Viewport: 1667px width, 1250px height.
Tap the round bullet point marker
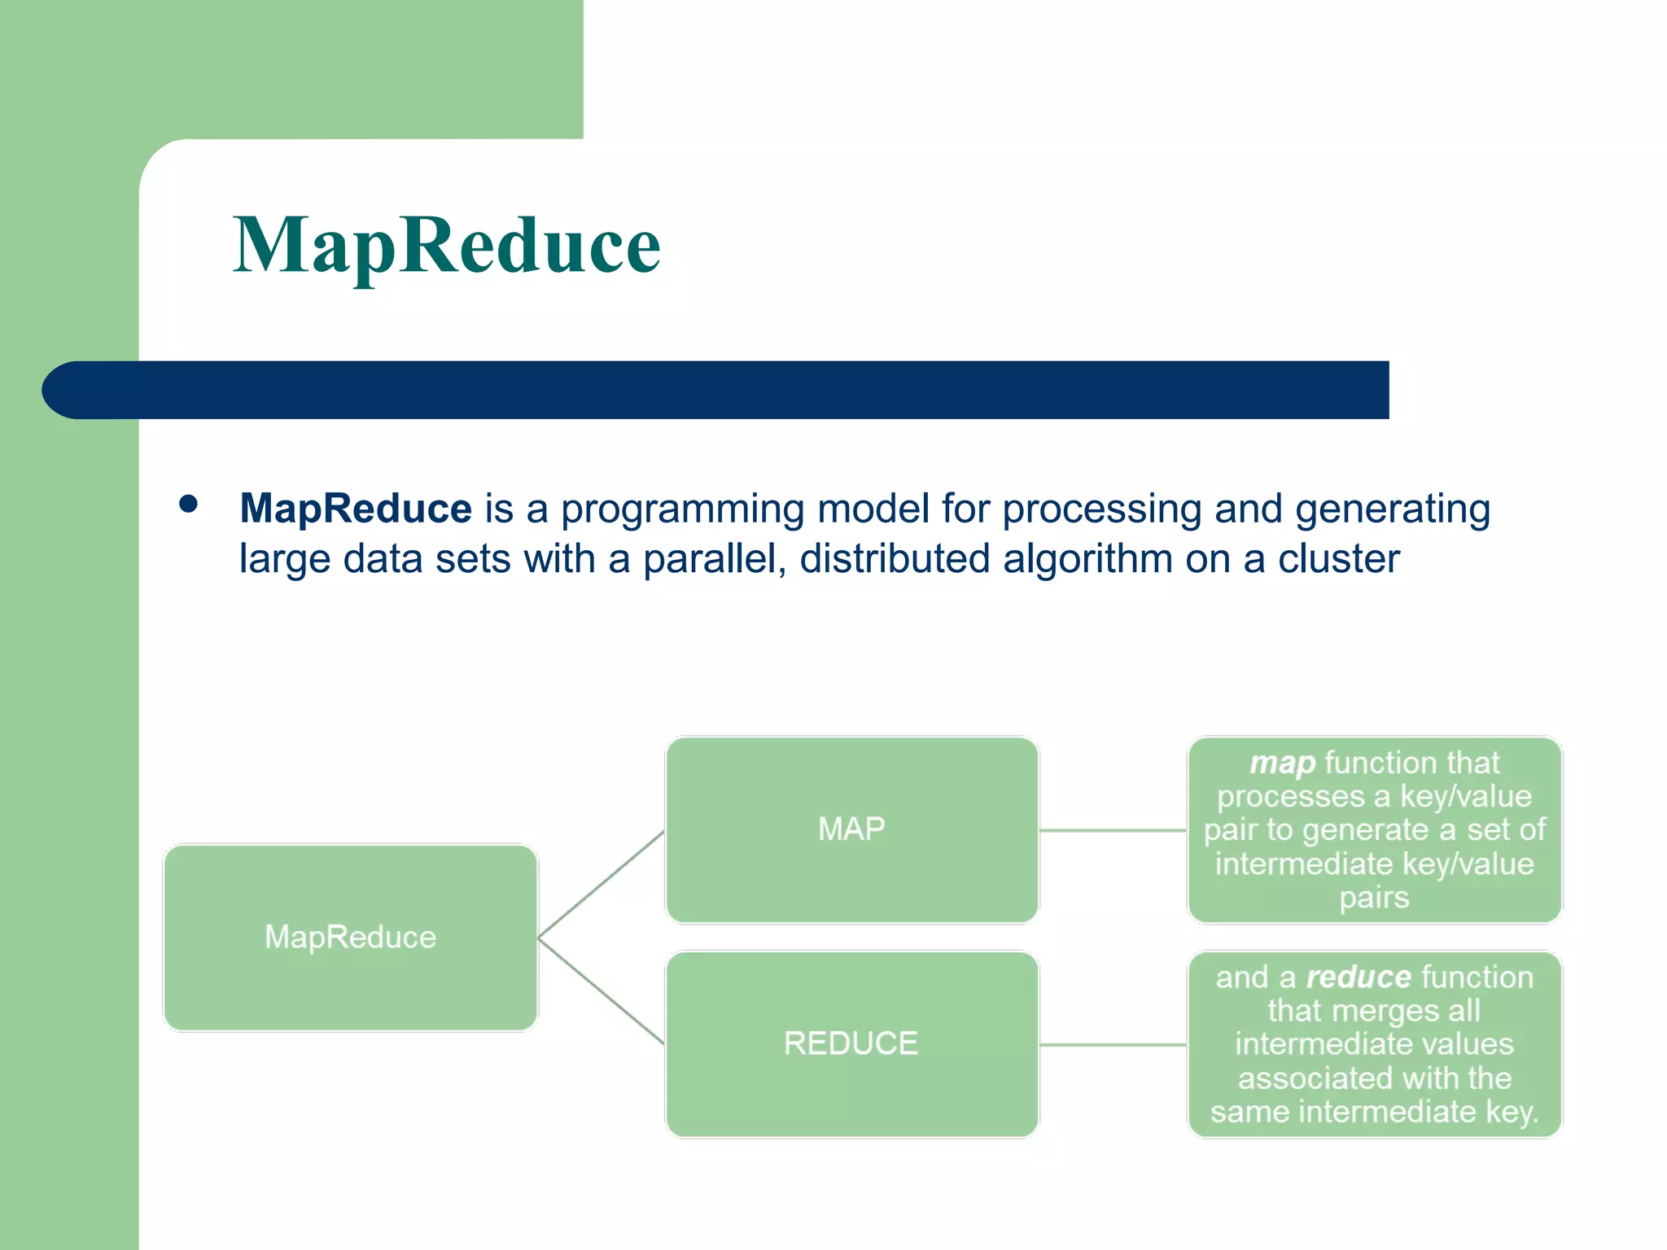tap(188, 505)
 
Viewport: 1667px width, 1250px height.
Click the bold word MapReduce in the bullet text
tap(355, 509)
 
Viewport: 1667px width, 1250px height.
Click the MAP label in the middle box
tap(851, 829)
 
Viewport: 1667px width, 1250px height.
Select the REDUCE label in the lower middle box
tap(851, 1043)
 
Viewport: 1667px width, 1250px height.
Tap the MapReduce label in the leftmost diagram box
tap(350, 937)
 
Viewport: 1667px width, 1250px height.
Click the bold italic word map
tap(1282, 763)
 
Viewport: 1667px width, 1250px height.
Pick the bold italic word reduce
tap(1359, 977)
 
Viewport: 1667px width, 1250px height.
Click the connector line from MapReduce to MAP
tap(601, 885)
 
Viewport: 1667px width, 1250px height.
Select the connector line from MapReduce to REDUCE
tap(601, 991)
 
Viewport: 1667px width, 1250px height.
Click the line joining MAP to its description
tap(1113, 830)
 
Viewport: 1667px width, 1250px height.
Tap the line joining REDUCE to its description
tap(1113, 1044)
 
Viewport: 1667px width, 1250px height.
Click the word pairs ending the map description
tap(1374, 898)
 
